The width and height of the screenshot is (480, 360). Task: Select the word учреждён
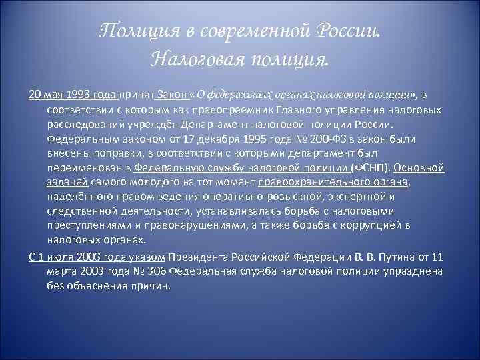click(x=149, y=124)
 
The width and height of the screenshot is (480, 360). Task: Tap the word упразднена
click(x=387, y=272)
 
